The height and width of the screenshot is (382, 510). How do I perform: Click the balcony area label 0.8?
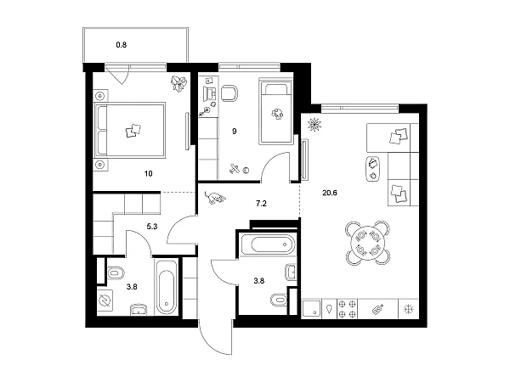click(122, 45)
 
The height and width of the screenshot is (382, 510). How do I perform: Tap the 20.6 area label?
click(330, 193)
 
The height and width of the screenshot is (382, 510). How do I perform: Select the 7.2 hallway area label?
click(261, 204)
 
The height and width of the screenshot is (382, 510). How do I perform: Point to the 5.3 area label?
click(152, 227)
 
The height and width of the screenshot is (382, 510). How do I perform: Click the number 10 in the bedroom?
click(148, 174)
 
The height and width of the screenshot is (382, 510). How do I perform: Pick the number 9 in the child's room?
click(235, 132)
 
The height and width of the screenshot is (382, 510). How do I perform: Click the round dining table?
click(367, 243)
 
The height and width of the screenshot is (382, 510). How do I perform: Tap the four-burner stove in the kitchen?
click(347, 309)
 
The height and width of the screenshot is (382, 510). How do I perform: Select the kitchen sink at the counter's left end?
click(312, 309)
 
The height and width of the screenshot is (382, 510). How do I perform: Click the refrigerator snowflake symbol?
click(408, 309)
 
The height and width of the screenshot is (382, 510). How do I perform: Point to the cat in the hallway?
click(214, 198)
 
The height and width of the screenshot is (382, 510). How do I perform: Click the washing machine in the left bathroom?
click(105, 301)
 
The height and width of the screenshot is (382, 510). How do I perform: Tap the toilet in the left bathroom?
click(116, 273)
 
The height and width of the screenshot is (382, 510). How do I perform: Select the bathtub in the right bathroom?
click(268, 244)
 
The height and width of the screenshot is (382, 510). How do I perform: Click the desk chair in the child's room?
click(229, 93)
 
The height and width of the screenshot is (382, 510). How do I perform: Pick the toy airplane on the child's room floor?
click(235, 169)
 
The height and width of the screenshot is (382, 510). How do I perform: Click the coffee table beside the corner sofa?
click(373, 169)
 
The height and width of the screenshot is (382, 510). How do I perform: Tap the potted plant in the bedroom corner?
click(178, 83)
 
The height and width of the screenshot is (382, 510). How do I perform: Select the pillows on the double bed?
click(133, 131)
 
